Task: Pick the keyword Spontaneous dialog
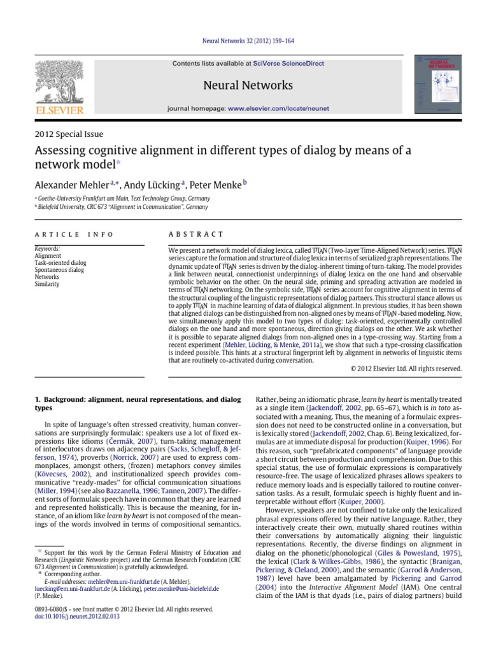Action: point(59,270)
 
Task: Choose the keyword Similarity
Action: point(47,284)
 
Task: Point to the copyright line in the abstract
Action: point(406,369)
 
